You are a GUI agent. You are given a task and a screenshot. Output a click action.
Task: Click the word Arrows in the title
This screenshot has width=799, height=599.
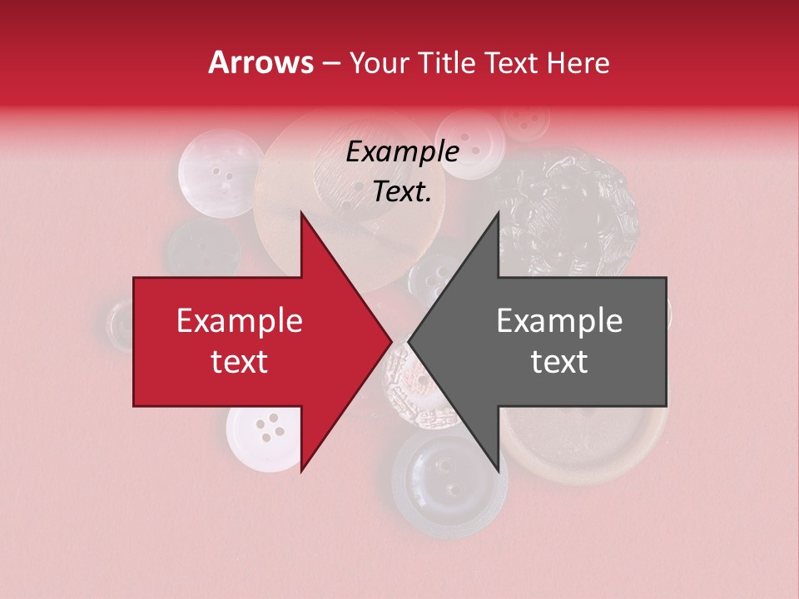click(x=261, y=62)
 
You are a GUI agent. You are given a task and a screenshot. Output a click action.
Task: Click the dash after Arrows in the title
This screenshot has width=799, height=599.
click(x=330, y=63)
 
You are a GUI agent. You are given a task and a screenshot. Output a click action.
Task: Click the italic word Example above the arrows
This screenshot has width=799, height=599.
click(x=402, y=152)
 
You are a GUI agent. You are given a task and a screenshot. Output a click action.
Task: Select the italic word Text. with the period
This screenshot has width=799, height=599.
click(x=402, y=192)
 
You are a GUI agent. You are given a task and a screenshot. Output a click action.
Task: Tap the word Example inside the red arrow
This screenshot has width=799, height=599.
click(x=240, y=321)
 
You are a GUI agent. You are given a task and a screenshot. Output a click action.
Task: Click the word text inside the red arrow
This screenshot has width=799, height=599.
click(x=240, y=362)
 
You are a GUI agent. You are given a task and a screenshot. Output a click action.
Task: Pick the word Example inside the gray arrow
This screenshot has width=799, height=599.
click(x=559, y=321)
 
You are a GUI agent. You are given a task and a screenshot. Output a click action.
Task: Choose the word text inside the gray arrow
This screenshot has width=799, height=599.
click(x=559, y=362)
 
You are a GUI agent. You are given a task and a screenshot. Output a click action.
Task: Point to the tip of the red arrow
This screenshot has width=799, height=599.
click(x=391, y=342)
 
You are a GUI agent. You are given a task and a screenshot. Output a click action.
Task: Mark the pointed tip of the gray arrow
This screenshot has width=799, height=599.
click(x=409, y=342)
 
